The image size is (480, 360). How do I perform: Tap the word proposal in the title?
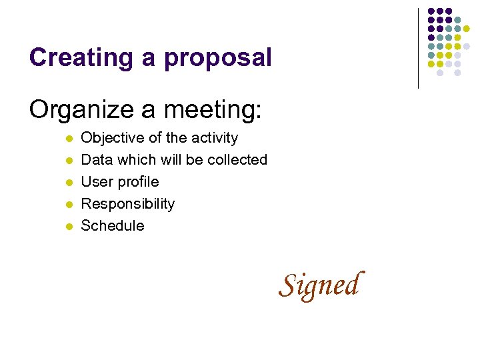point(219,59)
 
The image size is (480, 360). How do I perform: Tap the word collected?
point(237,160)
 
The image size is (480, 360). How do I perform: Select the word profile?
point(138,182)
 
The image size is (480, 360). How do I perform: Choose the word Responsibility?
point(127,204)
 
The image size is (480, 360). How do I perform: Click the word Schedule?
point(112,226)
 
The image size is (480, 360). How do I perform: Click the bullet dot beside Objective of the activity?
point(68,139)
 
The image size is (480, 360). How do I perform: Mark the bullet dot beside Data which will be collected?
point(68,161)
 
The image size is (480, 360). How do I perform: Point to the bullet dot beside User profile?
point(68,183)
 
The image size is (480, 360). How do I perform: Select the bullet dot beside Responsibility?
point(68,205)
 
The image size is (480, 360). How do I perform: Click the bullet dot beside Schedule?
point(68,227)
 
